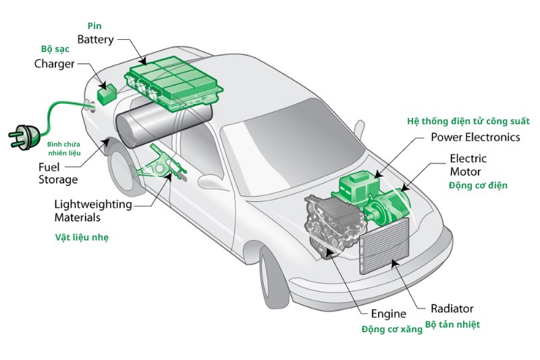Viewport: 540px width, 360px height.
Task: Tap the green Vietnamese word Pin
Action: [94, 26]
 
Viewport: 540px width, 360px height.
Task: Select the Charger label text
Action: [55, 64]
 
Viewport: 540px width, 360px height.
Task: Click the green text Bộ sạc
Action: [55, 50]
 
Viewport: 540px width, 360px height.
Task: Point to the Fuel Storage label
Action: [57, 173]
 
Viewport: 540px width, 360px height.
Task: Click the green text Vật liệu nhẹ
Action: [81, 238]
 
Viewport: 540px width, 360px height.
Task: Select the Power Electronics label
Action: [475, 137]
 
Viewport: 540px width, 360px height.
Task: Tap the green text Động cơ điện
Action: [478, 185]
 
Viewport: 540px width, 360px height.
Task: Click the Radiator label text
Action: [452, 309]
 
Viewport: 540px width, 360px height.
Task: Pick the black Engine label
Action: [388, 314]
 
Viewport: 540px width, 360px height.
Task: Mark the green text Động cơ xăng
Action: [391, 329]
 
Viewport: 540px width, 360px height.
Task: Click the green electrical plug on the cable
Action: [24, 135]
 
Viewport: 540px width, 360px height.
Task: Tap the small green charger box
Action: [107, 94]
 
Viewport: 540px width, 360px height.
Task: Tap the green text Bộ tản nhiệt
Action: [452, 325]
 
